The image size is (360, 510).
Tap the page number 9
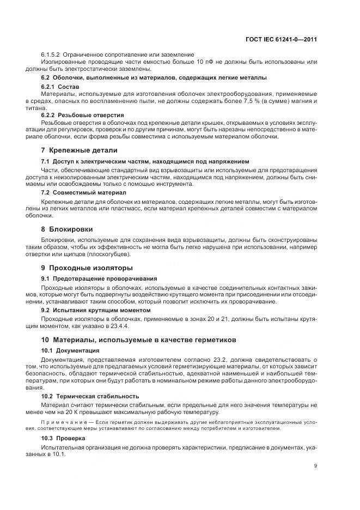(316, 465)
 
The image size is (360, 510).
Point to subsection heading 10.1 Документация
(70, 350)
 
